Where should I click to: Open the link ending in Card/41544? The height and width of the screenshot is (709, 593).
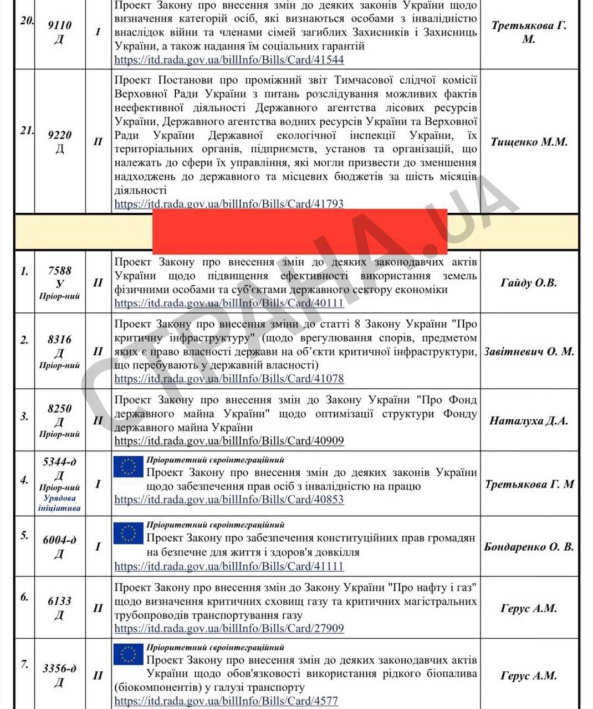tap(229, 60)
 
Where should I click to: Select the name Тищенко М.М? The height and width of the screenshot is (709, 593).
tap(529, 142)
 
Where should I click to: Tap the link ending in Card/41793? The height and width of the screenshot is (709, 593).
tap(229, 204)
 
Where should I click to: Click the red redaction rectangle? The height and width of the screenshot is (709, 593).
tap(299, 231)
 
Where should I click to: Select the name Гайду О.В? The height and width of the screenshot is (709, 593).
tap(529, 282)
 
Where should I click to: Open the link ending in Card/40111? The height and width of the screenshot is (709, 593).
tap(229, 303)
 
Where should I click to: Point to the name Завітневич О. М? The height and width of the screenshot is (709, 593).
tap(529, 352)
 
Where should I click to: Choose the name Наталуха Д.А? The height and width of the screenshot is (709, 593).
tap(529, 420)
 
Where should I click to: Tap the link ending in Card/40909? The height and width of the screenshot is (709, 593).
tap(229, 441)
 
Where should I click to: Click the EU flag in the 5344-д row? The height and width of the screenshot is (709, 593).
tap(128, 467)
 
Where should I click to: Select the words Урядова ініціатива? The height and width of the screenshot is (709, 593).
tap(59, 502)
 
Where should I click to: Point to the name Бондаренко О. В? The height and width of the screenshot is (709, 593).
tap(529, 547)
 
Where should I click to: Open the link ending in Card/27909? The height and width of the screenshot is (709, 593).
tap(229, 629)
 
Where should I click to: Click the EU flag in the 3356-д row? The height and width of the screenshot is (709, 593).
tap(128, 654)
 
